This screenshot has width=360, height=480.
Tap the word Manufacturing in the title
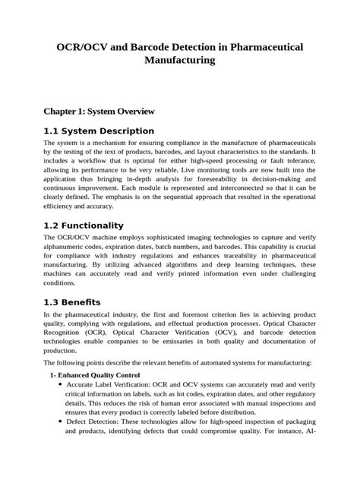point(180,61)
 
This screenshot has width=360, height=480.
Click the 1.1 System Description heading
point(99,131)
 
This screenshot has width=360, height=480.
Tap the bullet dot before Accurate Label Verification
point(60,385)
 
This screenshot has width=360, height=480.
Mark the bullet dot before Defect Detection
point(60,442)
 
